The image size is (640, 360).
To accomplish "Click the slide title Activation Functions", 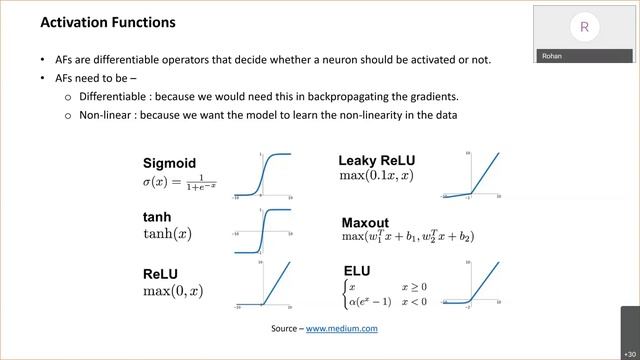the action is pyautogui.click(x=107, y=22).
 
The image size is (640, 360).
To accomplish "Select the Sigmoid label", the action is pyautogui.click(x=169, y=163).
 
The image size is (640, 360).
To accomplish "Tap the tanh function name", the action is pyautogui.click(x=157, y=217).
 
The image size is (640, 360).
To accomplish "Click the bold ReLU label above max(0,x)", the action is pyautogui.click(x=160, y=274).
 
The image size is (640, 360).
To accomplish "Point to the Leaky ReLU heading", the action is pyautogui.click(x=376, y=160).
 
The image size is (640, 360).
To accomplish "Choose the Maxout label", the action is pyautogui.click(x=365, y=222).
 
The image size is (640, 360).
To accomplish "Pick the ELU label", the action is pyautogui.click(x=356, y=271).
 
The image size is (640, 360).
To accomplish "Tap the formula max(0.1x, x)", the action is pyautogui.click(x=376, y=177).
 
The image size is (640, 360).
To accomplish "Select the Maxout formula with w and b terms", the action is pyautogui.click(x=407, y=237).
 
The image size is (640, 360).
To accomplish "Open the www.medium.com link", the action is pyautogui.click(x=341, y=328).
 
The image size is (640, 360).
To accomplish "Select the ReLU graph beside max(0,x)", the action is pyautogui.click(x=264, y=284).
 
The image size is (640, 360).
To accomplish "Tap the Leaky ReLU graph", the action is pyautogui.click(x=467, y=176).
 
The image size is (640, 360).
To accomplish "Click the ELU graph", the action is pyautogui.click(x=467, y=284).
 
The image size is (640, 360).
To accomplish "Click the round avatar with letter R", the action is pyautogui.click(x=584, y=27).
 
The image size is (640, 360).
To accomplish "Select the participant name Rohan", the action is pyautogui.click(x=552, y=56).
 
